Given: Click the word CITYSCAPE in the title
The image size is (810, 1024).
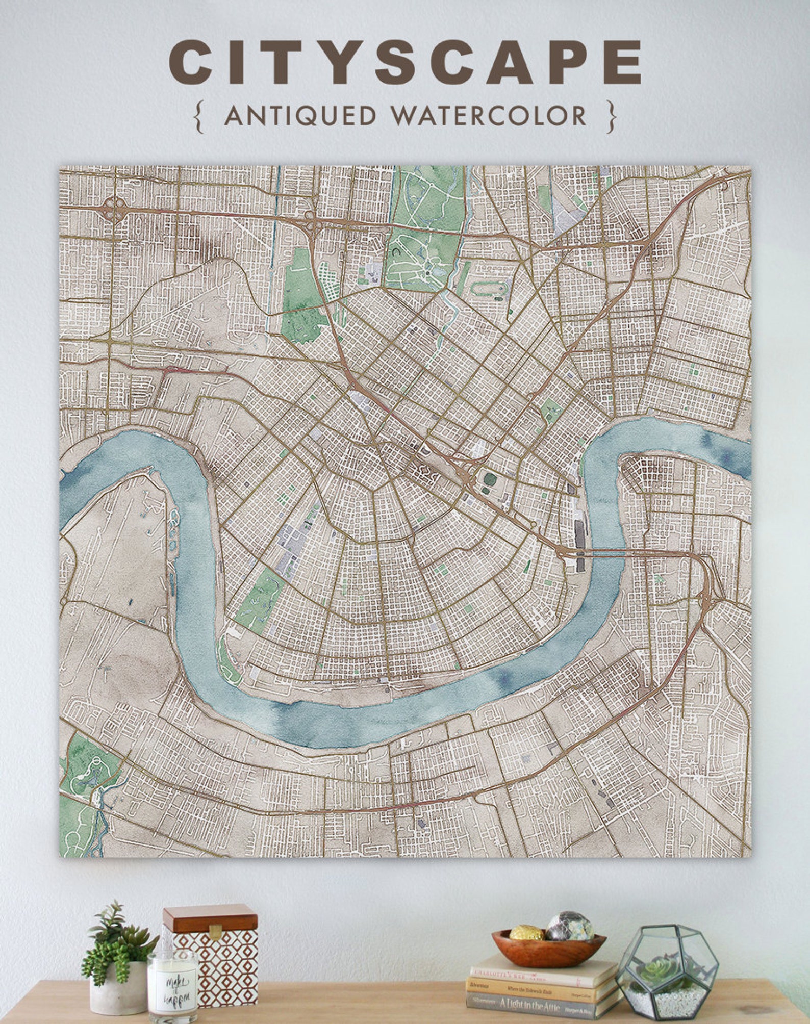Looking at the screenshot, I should (405, 62).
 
